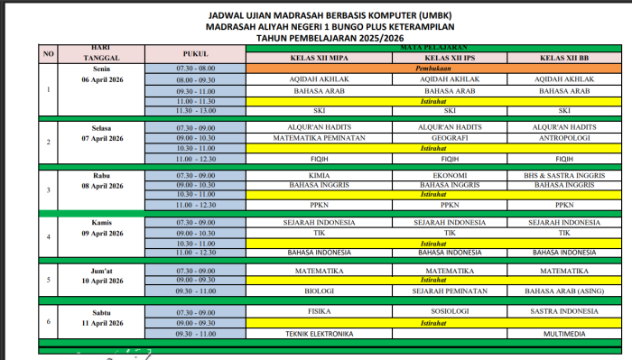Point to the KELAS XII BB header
click(x=563, y=59)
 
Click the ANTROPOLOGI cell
click(x=563, y=138)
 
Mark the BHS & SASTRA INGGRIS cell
click(x=563, y=175)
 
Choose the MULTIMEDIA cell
click(x=563, y=334)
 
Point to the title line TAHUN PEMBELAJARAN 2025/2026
click(x=316, y=39)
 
